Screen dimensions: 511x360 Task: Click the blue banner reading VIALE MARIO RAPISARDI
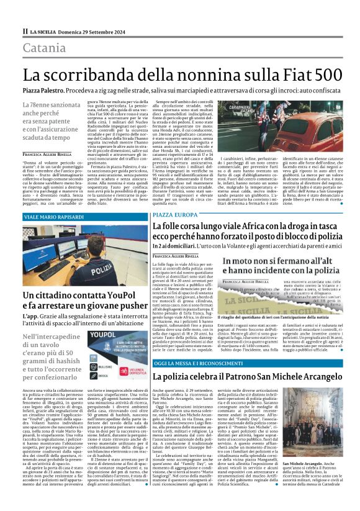click(x=56, y=217)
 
